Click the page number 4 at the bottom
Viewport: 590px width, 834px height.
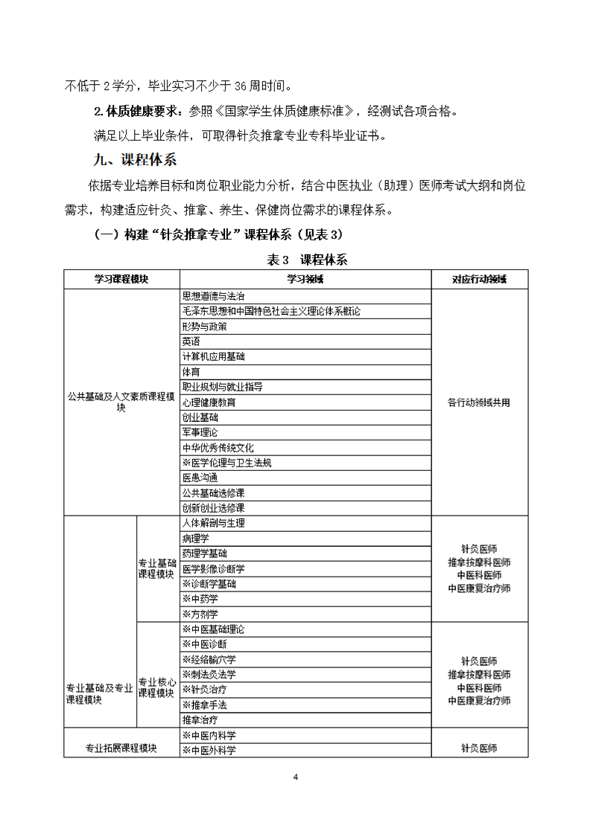click(296, 777)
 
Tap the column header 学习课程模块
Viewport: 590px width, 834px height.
click(121, 279)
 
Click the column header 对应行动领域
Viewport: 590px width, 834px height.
click(479, 279)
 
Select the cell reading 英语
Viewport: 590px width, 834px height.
click(191, 341)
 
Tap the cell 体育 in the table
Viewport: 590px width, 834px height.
click(191, 371)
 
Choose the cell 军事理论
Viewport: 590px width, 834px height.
click(200, 432)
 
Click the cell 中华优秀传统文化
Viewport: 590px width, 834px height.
click(218, 448)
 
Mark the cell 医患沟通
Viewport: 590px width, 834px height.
click(200, 478)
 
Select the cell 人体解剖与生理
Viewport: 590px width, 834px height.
click(213, 523)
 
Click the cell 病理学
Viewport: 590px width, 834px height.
click(195, 538)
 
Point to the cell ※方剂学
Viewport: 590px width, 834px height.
click(200, 614)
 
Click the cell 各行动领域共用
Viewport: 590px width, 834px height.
click(479, 402)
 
